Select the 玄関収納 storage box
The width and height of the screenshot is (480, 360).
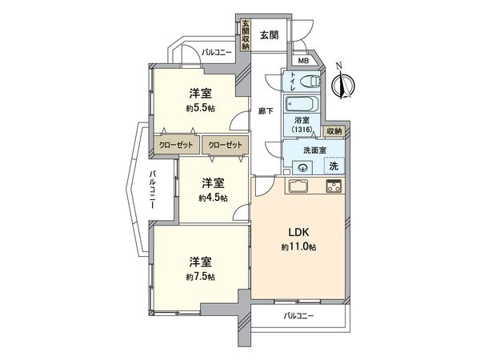(x=246, y=34)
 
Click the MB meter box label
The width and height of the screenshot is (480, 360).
(x=303, y=62)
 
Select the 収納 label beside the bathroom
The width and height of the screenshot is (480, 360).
(x=334, y=130)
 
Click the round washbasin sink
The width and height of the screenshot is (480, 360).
(x=303, y=167)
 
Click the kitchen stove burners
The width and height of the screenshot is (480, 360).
(x=333, y=187)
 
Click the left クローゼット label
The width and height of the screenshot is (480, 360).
(x=175, y=146)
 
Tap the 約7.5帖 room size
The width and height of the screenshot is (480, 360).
(x=200, y=277)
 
